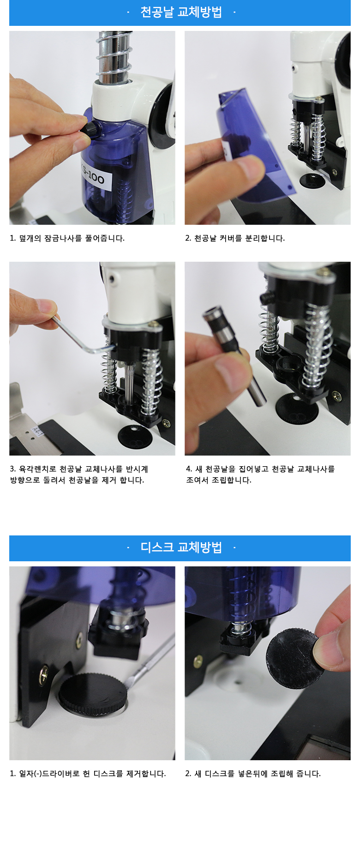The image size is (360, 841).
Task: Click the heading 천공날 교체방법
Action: tap(181, 12)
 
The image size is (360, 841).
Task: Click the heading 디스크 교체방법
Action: tap(181, 547)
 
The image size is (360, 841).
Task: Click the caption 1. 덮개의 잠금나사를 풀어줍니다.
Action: tap(67, 238)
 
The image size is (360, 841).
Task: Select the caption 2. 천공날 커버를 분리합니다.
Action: tap(235, 238)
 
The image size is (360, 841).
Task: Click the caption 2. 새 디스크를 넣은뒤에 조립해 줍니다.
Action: tap(253, 774)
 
